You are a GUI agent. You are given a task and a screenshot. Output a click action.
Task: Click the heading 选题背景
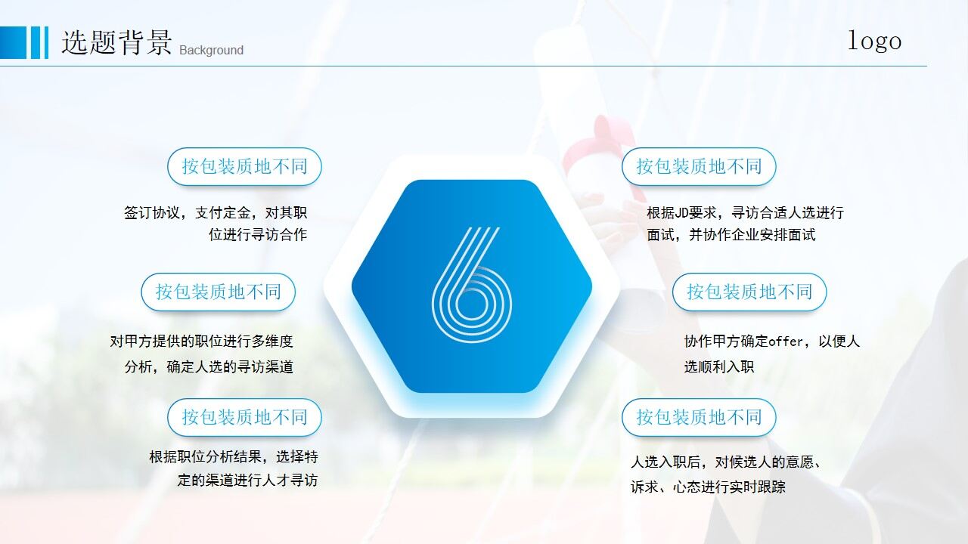[116, 42]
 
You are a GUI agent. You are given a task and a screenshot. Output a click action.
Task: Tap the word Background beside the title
[211, 51]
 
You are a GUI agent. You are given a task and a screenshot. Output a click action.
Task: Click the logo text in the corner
[874, 41]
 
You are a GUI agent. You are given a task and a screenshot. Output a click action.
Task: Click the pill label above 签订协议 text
[244, 167]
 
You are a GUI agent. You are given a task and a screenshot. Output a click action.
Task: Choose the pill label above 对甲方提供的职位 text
[218, 292]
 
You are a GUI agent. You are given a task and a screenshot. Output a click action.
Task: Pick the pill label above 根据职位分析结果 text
[244, 417]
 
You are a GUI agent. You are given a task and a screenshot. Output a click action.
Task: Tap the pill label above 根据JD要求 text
[699, 167]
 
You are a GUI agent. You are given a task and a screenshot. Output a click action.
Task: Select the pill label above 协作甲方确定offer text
[749, 292]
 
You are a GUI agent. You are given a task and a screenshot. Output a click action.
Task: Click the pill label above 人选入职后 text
[699, 417]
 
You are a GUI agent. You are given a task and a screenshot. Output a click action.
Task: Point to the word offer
[786, 342]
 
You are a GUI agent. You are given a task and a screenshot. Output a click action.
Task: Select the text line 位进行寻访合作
[258, 235]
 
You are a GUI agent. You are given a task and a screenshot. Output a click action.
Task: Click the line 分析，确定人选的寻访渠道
[209, 367]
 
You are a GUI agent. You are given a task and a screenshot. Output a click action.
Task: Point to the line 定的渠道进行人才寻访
[247, 481]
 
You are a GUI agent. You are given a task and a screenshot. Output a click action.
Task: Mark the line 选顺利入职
[719, 367]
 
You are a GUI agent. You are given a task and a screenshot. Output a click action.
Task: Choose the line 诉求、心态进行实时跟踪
[708, 487]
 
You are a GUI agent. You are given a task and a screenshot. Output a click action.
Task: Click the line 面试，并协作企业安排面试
[731, 235]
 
